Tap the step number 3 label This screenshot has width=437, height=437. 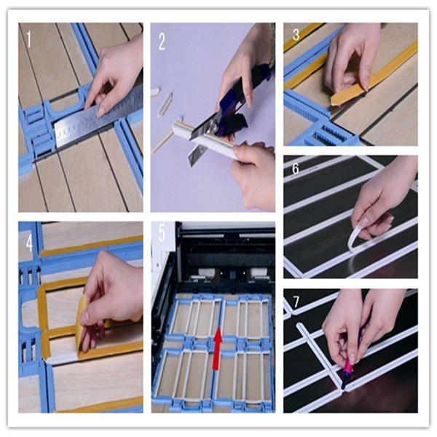[x=295, y=35]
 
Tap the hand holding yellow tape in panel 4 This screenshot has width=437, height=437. [x=109, y=299]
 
